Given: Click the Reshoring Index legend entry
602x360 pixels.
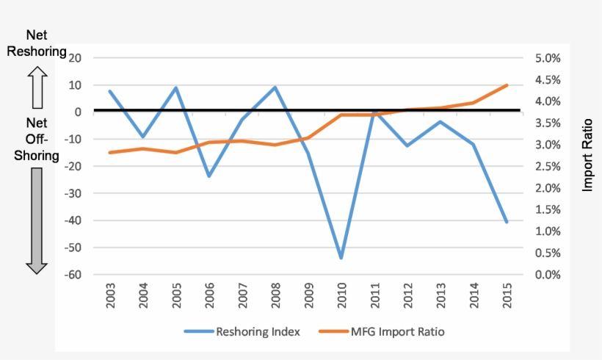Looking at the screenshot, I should coord(243,331).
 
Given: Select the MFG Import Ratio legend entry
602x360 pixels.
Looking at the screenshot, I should coord(382,331).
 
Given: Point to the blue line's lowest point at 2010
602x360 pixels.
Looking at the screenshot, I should coord(341,258).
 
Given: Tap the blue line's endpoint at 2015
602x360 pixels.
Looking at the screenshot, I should coord(507,222).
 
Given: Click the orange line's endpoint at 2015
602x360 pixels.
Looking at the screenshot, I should coord(507,85).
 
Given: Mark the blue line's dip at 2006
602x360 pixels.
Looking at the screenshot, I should coord(209,176).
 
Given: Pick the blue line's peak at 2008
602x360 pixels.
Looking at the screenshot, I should coord(275,87).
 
